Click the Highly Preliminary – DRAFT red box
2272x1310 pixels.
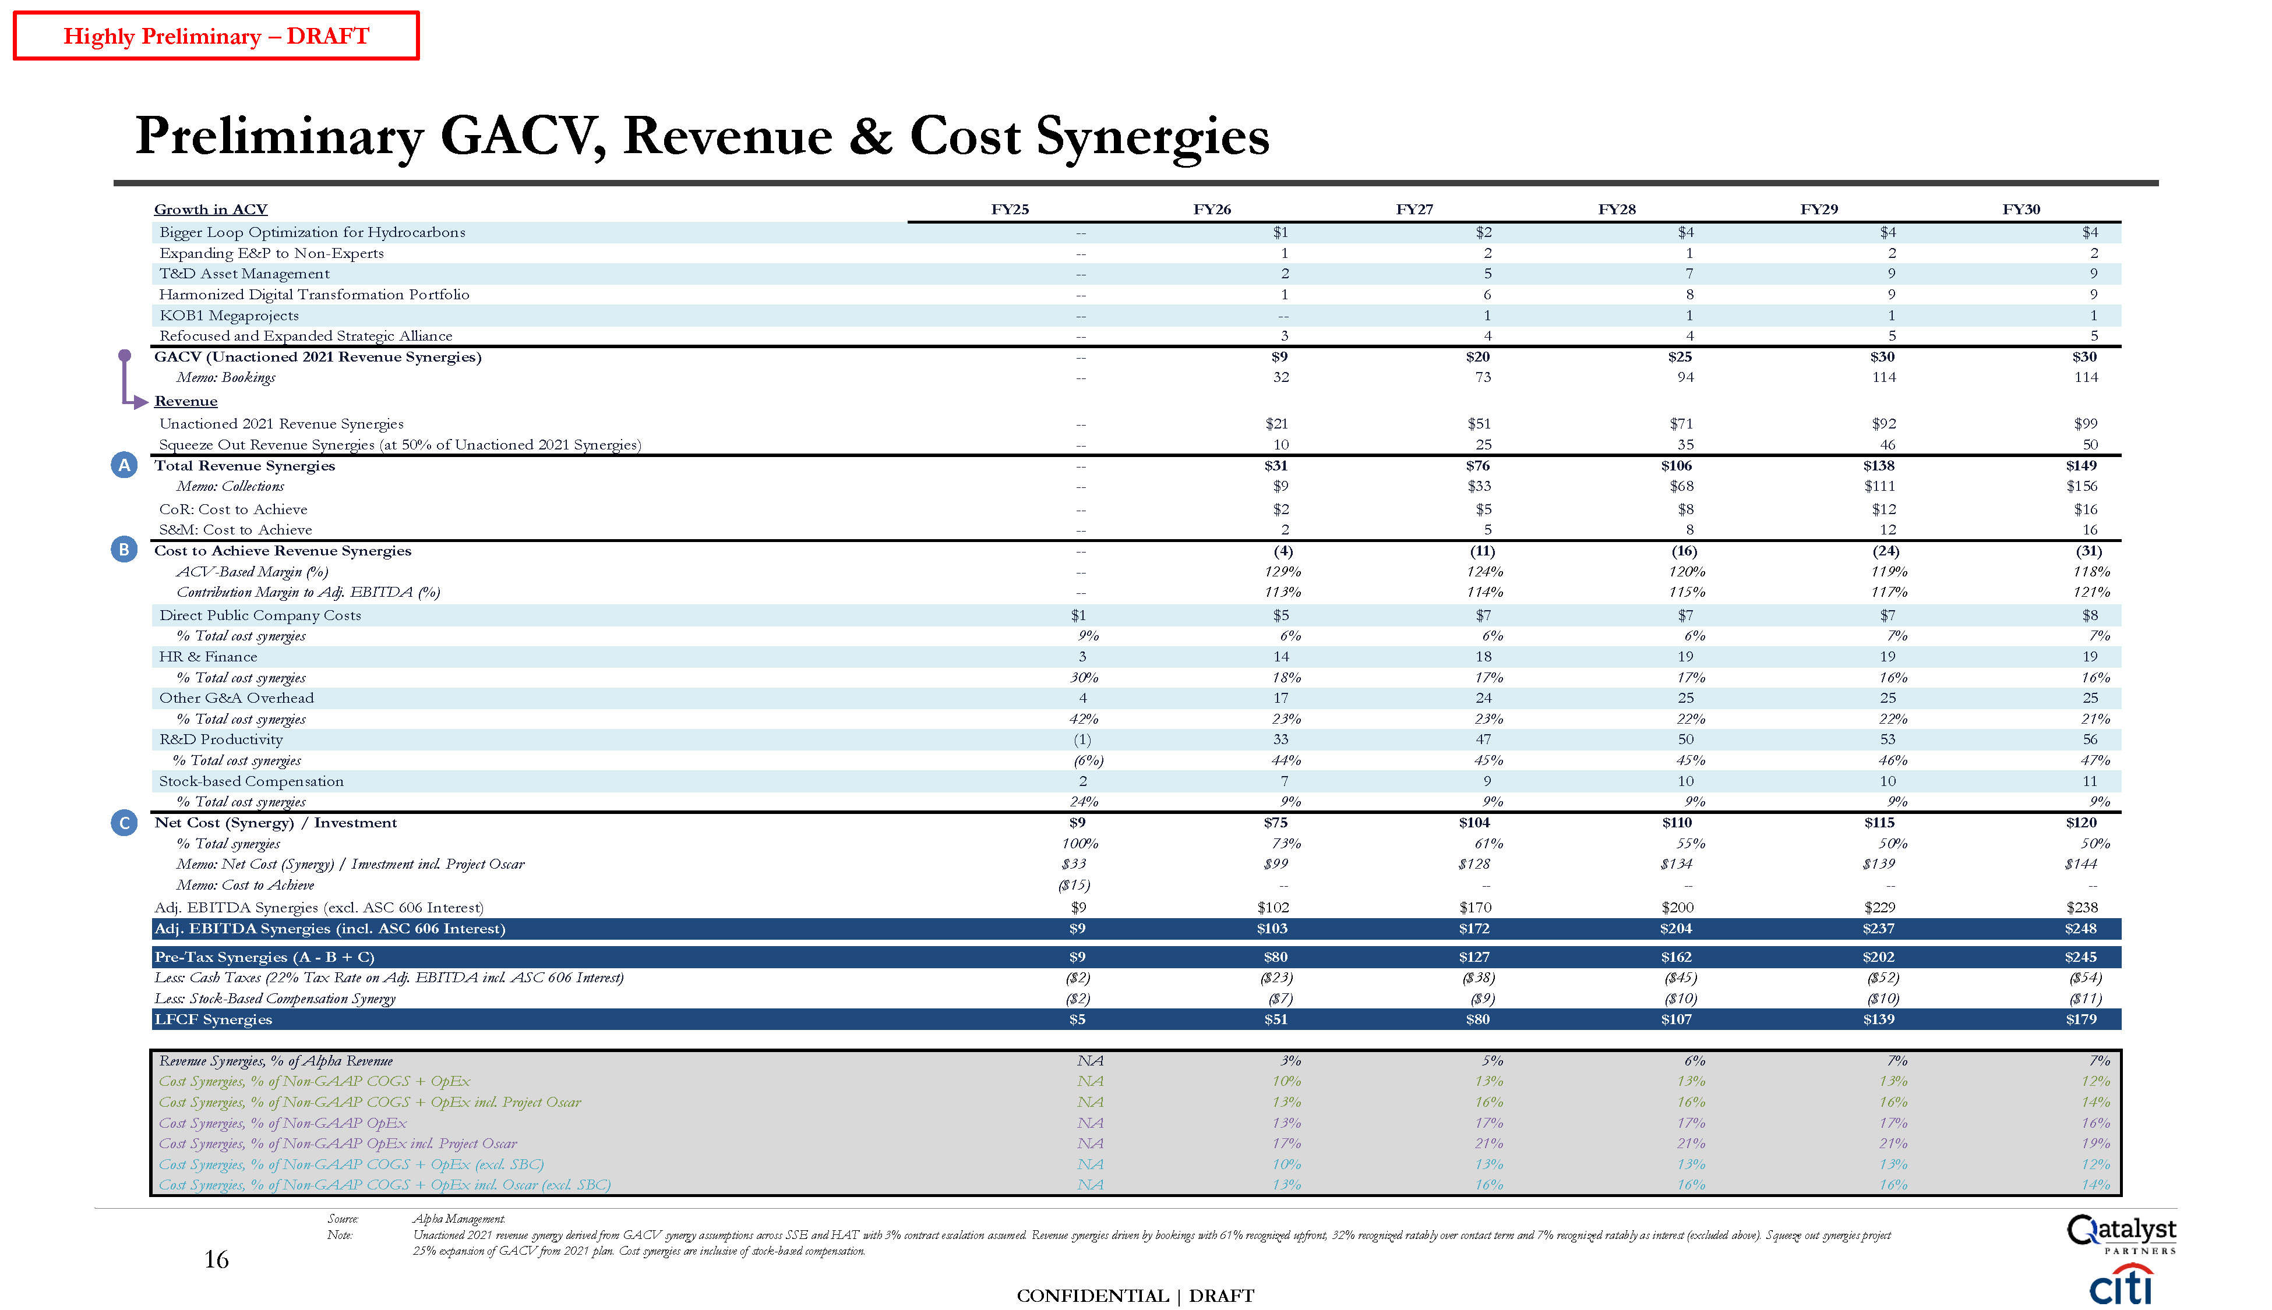click(216, 36)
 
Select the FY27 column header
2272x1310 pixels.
click(1414, 210)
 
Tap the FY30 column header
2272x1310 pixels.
click(2021, 210)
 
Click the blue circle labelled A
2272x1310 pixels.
click(124, 465)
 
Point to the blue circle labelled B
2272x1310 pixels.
click(124, 550)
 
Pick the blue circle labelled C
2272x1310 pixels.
click(124, 822)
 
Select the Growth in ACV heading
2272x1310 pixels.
click(211, 210)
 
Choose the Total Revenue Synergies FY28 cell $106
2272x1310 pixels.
click(1676, 466)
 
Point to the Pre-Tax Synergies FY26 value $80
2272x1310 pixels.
click(1276, 957)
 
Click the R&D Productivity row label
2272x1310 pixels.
click(221, 739)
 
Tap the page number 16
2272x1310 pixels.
click(216, 1259)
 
